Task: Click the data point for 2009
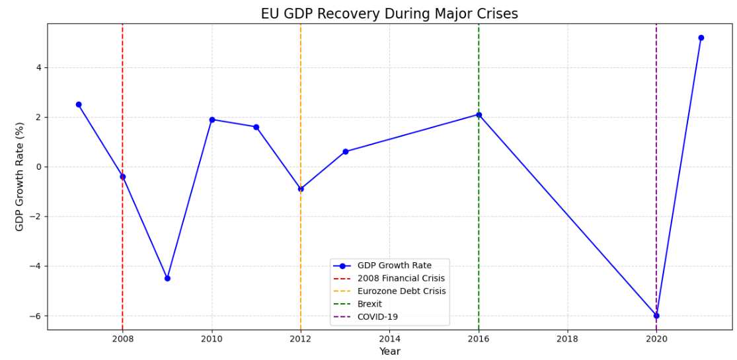pyautogui.click(x=167, y=278)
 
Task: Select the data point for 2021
pyautogui.click(x=701, y=38)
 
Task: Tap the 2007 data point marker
pyautogui.click(x=79, y=104)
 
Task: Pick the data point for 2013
pyautogui.click(x=345, y=151)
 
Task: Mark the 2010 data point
pyautogui.click(x=212, y=120)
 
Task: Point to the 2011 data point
pyautogui.click(x=256, y=127)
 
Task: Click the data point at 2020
pyautogui.click(x=656, y=316)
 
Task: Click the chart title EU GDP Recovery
pyautogui.click(x=389, y=14)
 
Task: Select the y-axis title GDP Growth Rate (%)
pyautogui.click(x=20, y=176)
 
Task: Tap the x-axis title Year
pyautogui.click(x=389, y=351)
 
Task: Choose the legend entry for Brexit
pyautogui.click(x=369, y=304)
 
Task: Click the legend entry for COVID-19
pyautogui.click(x=377, y=317)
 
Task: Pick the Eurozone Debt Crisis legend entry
pyautogui.click(x=401, y=291)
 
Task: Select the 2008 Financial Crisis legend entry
pyautogui.click(x=401, y=278)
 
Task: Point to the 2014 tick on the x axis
pyautogui.click(x=389, y=339)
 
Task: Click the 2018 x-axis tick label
pyautogui.click(x=567, y=339)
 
